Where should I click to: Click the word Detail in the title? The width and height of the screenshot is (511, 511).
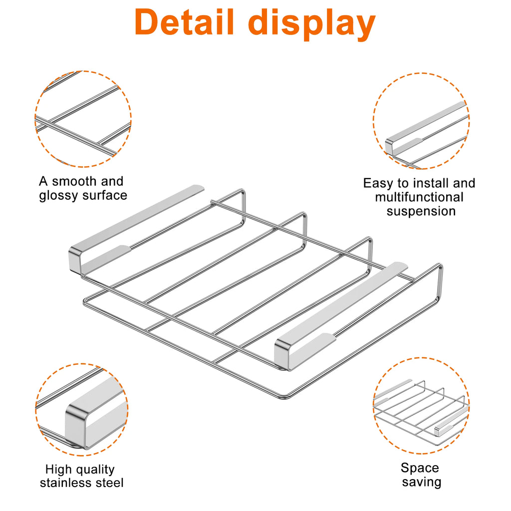click(x=184, y=21)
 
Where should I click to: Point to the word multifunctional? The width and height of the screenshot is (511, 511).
click(x=419, y=197)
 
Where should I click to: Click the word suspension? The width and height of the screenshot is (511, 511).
click(x=421, y=212)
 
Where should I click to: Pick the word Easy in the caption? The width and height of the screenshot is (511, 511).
click(x=378, y=184)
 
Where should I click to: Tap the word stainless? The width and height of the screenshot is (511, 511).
click(x=68, y=483)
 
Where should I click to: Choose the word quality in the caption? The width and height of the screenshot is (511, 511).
click(x=93, y=470)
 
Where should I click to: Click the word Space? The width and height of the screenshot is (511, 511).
click(x=420, y=468)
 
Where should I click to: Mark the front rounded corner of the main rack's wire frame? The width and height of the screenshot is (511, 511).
click(x=284, y=397)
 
